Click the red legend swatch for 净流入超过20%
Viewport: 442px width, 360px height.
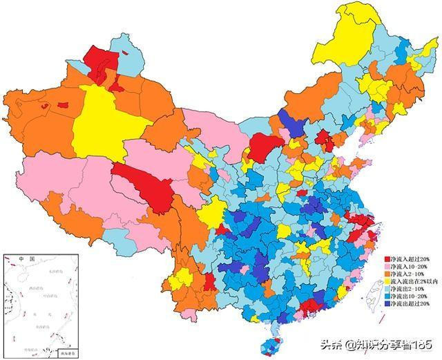388,258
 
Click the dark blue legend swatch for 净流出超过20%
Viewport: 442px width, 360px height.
388,303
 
